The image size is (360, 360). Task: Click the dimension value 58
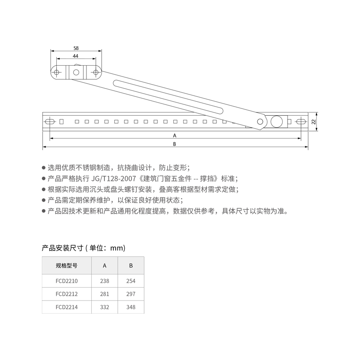[76, 48]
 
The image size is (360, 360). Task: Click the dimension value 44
[76, 56]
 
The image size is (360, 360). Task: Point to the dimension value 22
[313, 121]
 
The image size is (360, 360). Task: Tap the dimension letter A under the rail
[175, 135]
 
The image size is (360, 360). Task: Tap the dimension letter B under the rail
[175, 144]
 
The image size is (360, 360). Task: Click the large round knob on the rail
[278, 121]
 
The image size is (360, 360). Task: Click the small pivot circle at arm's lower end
[260, 122]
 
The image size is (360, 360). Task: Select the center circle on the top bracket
[76, 72]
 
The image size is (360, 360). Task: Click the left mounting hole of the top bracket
[57, 72]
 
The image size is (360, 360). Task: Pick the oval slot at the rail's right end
[301, 121]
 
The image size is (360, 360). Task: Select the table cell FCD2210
[66, 281]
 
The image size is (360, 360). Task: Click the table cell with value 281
[104, 294]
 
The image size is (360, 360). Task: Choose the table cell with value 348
[131, 308]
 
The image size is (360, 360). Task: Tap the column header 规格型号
[66, 265]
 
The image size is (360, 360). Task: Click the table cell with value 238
[104, 281]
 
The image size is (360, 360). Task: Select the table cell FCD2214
[66, 308]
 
